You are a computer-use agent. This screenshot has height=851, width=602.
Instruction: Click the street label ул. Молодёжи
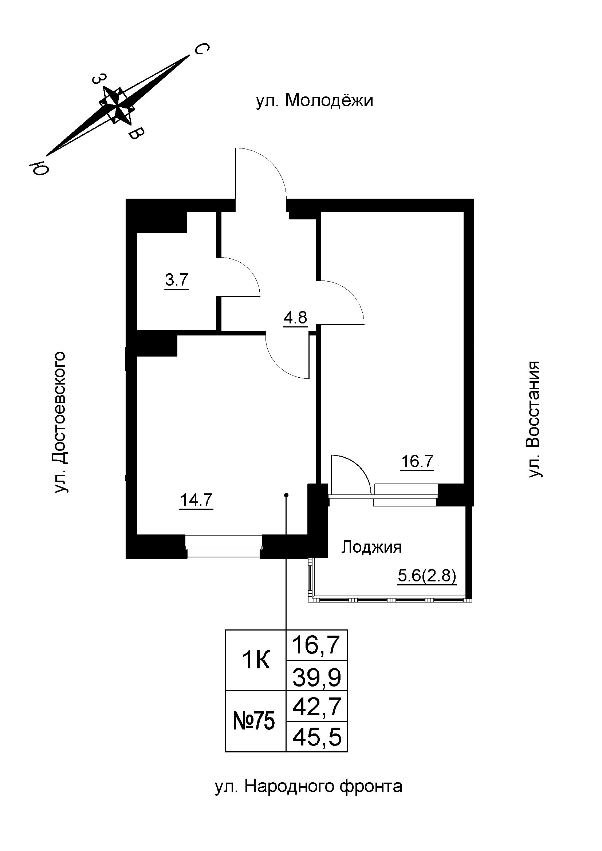[315, 101]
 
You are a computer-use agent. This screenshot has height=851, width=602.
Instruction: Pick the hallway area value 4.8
[295, 318]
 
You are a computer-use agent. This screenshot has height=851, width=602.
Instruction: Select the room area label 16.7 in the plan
[417, 462]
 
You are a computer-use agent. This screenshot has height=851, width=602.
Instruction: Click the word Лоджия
[371, 547]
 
